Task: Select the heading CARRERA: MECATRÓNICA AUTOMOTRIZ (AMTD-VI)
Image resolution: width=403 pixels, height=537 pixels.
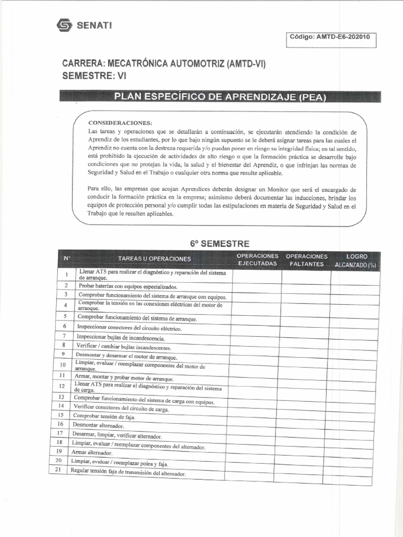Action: (164, 64)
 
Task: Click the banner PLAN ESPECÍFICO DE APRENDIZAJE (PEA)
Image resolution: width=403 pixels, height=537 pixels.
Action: (220, 98)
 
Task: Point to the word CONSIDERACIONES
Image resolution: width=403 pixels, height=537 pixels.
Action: (120, 123)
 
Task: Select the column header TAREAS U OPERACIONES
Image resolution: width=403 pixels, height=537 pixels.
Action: (154, 259)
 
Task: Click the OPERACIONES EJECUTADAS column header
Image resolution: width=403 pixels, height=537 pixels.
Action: (257, 260)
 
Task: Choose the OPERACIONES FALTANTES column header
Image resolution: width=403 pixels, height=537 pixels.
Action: (306, 260)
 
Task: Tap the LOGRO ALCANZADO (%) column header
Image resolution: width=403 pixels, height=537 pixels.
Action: (356, 261)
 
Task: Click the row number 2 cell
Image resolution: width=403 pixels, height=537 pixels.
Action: (66, 285)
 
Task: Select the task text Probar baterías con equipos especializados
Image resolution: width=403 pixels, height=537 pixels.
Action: (128, 287)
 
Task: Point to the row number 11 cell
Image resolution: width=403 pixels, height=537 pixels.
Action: (62, 375)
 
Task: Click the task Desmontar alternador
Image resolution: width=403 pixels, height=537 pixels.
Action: (98, 426)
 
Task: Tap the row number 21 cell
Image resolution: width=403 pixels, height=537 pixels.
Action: (59, 470)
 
